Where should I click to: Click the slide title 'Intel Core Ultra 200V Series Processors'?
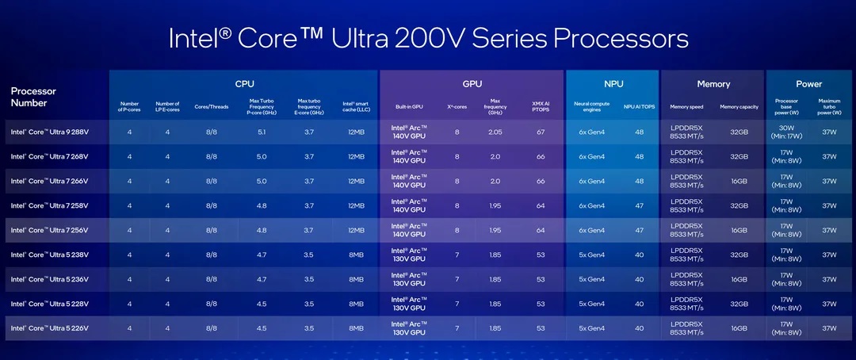click(428, 39)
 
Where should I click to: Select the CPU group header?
click(244, 83)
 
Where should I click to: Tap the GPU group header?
click(472, 83)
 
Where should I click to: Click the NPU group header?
click(612, 83)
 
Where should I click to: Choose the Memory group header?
click(713, 83)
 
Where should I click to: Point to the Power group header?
click(808, 83)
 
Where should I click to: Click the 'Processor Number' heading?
click(34, 97)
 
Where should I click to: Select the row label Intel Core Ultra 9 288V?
click(50, 132)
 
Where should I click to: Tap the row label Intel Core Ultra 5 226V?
click(50, 327)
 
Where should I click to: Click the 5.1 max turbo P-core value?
click(261, 132)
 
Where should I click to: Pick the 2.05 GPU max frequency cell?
click(494, 132)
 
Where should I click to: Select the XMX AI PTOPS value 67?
click(541, 132)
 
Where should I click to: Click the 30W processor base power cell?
click(786, 132)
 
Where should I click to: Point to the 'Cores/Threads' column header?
click(212, 106)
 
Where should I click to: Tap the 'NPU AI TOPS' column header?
click(638, 106)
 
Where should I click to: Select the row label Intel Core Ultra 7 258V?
click(50, 205)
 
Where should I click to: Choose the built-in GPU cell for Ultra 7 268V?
click(409, 156)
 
